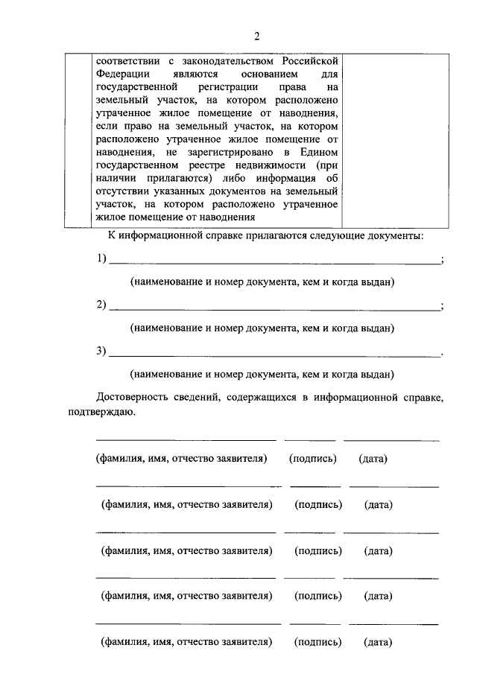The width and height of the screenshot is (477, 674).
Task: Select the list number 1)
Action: pyautogui.click(x=102, y=259)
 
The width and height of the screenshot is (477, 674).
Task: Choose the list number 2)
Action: pyautogui.click(x=102, y=305)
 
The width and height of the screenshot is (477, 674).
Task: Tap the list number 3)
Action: pyautogui.click(x=102, y=352)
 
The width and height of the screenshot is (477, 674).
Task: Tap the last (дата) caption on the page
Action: pyautogui.click(x=378, y=642)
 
